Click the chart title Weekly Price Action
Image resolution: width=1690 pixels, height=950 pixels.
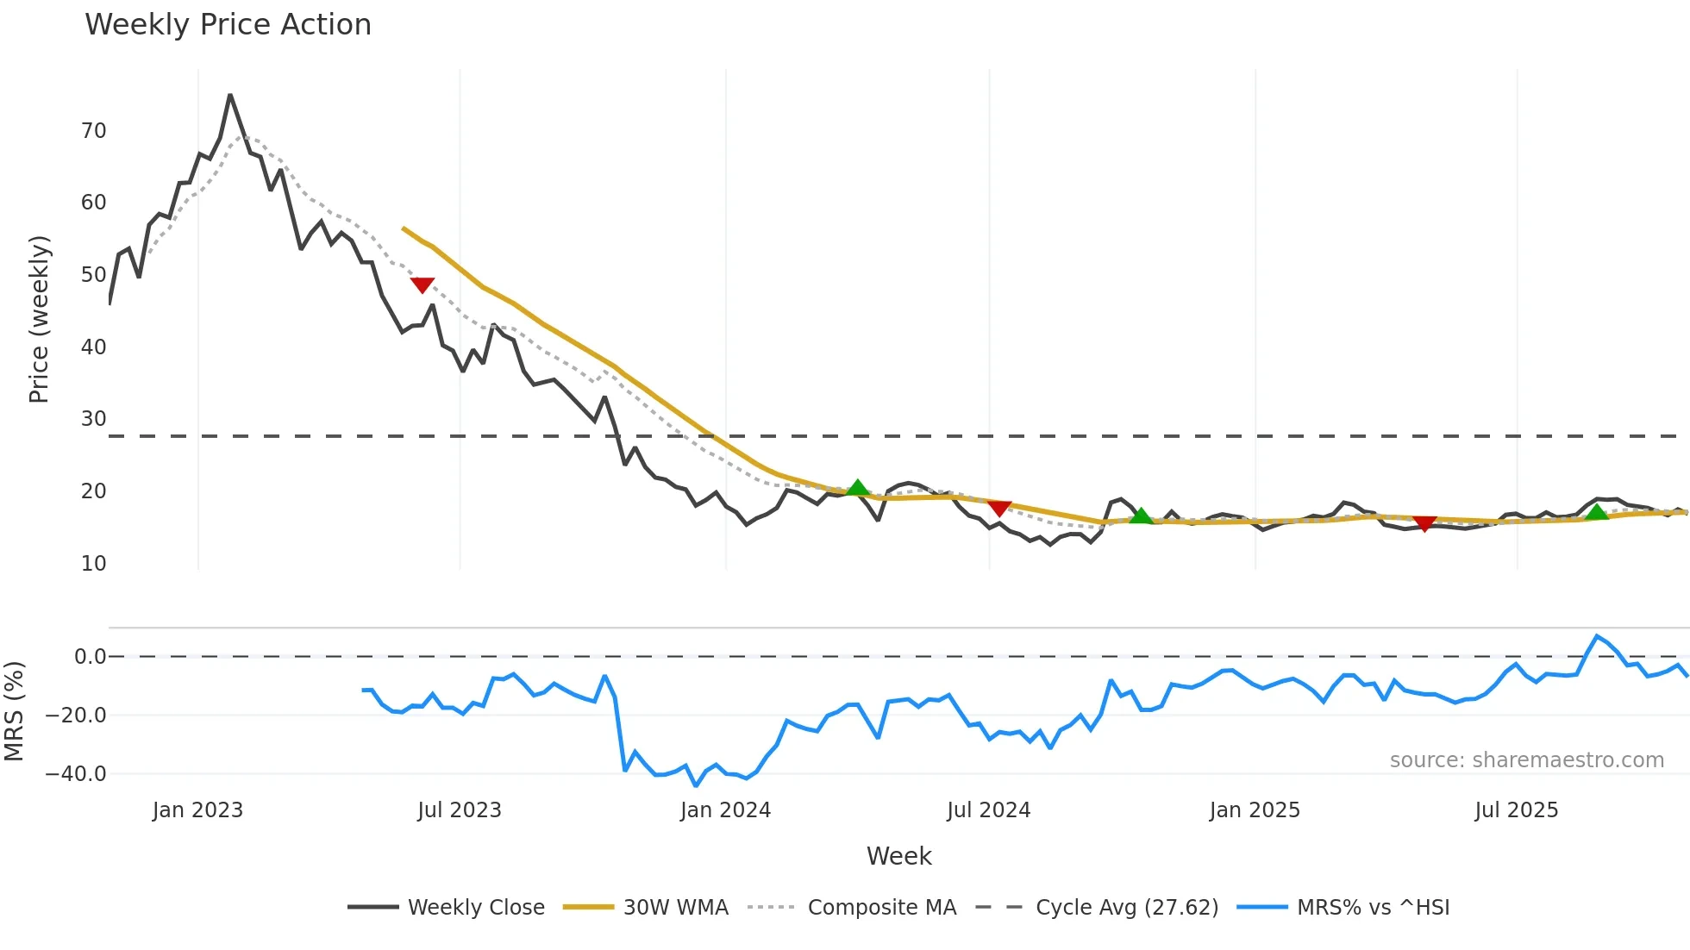[228, 25]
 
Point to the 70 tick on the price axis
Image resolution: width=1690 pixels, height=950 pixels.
[94, 131]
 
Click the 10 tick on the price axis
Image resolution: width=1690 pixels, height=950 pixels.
[94, 564]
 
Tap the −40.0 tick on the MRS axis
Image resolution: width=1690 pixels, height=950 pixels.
[76, 774]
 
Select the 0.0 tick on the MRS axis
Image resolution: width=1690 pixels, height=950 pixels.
[91, 657]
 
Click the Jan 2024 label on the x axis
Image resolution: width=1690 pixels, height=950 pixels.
[725, 810]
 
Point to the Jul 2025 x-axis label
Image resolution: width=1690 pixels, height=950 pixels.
[1516, 810]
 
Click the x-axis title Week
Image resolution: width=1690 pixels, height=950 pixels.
[898, 856]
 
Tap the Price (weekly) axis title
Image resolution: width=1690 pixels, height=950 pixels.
[40, 319]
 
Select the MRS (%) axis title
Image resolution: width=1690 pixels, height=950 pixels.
[15, 711]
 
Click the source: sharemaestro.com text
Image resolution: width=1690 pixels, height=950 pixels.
[1526, 760]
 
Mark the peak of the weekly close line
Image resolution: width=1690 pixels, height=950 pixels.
[230, 95]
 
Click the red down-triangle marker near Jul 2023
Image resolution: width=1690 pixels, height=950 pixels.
[422, 285]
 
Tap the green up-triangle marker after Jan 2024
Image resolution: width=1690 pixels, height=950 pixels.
[857, 488]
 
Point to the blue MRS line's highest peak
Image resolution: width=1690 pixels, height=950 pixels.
[1597, 636]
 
